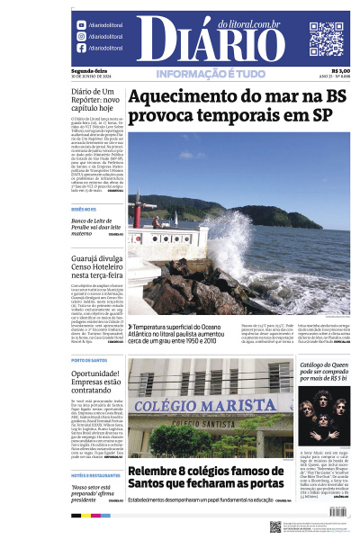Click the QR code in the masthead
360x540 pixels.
coord(327,39)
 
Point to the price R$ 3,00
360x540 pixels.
coord(340,72)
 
